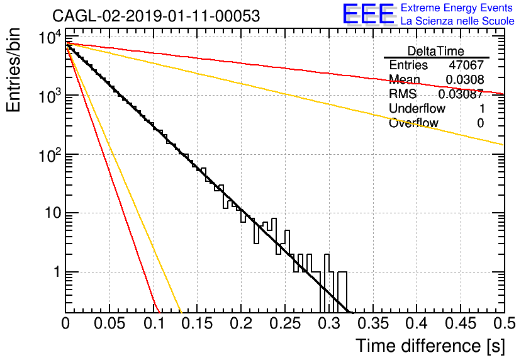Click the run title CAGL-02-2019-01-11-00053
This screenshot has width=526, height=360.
pyautogui.click(x=156, y=16)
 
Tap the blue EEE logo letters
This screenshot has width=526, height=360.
pyautogui.click(x=369, y=14)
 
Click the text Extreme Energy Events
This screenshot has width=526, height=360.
pyautogui.click(x=457, y=8)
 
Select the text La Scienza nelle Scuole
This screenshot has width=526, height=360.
pyautogui.click(x=457, y=21)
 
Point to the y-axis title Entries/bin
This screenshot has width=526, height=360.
pyautogui.click(x=13, y=70)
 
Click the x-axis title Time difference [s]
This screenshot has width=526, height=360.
pyautogui.click(x=430, y=346)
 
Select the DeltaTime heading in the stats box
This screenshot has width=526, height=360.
pyautogui.click(x=436, y=51)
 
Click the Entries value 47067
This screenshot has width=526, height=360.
pyautogui.click(x=467, y=65)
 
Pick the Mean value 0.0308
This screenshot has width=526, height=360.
pyautogui.click(x=465, y=79)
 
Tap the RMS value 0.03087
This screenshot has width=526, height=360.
pyautogui.click(x=461, y=94)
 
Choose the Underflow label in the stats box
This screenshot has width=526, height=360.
pyautogui.click(x=417, y=108)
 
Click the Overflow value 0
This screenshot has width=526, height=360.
pyautogui.click(x=481, y=123)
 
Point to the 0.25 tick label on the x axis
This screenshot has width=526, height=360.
pyautogui.click(x=285, y=323)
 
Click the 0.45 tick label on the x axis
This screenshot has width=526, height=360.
pyautogui.click(x=461, y=323)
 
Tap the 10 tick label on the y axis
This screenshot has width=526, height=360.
pyautogui.click(x=53, y=213)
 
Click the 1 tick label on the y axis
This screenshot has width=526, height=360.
pyautogui.click(x=57, y=272)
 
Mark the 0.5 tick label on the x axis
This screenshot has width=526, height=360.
pyautogui.click(x=505, y=323)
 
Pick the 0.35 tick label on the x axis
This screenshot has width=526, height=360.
pyautogui.click(x=373, y=323)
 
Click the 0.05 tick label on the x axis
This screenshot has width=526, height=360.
pyautogui.click(x=109, y=323)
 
